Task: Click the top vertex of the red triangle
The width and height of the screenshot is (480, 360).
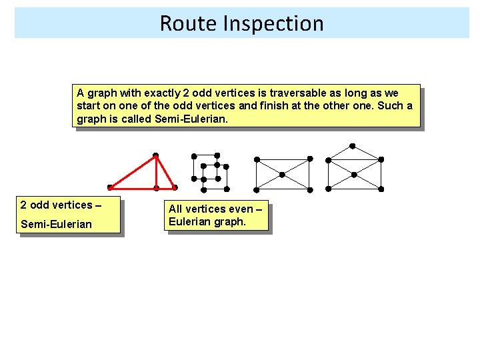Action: coord(155,156)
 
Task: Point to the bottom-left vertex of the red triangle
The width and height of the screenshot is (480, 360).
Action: coord(109,187)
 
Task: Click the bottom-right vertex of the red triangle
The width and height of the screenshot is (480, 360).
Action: coord(175,187)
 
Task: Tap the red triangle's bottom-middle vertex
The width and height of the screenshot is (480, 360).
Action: coord(156,188)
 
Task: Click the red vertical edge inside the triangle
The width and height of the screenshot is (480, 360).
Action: coord(156,172)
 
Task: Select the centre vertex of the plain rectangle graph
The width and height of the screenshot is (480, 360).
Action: coord(282,175)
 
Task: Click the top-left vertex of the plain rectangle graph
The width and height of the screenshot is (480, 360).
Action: coord(257,159)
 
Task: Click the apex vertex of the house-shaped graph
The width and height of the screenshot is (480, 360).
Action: coord(353,146)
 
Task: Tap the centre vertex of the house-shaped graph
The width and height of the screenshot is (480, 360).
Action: coord(354,175)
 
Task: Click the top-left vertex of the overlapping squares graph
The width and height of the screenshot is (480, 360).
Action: coord(194,156)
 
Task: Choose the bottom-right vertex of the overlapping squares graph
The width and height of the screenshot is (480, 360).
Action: coord(227,189)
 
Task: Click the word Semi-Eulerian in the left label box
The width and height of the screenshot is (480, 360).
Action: coord(56,224)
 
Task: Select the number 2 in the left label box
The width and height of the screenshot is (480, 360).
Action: coord(23,205)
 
